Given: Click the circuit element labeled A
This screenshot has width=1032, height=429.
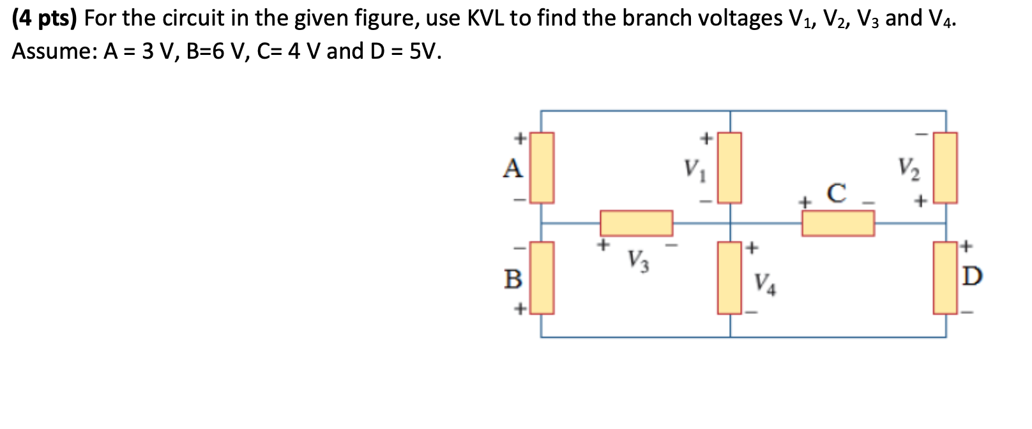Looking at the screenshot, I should [542, 168].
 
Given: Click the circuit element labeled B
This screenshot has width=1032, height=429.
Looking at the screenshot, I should [542, 278].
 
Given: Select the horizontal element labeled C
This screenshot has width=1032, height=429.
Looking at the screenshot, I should [838, 223].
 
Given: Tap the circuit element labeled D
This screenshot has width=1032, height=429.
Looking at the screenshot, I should [945, 278].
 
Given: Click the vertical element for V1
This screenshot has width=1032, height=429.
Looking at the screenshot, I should [730, 168].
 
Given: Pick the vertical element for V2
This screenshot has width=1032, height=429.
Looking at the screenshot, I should [945, 168].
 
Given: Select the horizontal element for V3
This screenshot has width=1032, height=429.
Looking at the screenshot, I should [636, 223].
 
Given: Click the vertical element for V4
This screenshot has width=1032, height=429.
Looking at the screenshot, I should [730, 278].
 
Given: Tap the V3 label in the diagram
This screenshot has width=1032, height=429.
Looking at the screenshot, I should [637, 260].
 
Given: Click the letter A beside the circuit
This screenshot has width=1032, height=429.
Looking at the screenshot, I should [513, 169].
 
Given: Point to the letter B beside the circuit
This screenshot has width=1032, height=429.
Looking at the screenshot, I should [513, 279].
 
